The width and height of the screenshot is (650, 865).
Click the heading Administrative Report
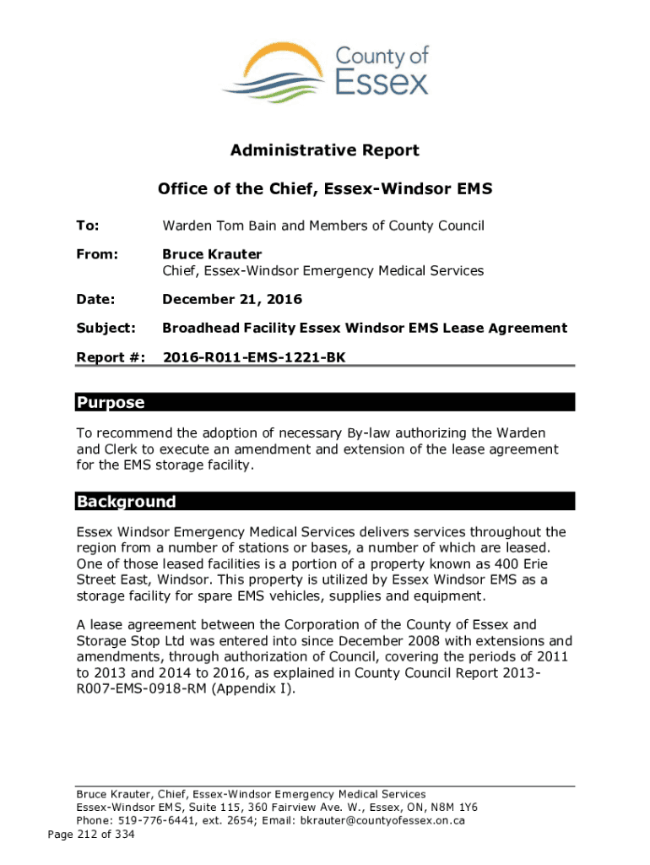pos(325,151)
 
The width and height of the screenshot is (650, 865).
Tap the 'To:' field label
pos(88,226)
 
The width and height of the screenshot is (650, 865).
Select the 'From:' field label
pos(98,254)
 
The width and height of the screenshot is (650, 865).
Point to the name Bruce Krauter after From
pos(212,254)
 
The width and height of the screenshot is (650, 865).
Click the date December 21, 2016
pos(232,300)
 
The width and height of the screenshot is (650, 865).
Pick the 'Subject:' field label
pos(106,328)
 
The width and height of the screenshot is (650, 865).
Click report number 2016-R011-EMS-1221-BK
pos(254,357)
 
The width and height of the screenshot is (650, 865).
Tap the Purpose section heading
pos(111,403)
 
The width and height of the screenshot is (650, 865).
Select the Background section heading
pos(127,502)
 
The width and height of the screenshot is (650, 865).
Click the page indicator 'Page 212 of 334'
pos(91,835)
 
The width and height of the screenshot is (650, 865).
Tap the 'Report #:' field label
pos(110,357)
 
